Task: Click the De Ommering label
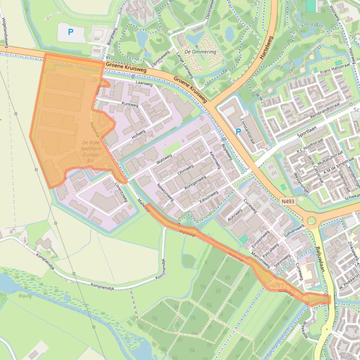[x=201, y=51]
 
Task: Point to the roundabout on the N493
[x=311, y=220]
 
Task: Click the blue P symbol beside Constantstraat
[x=238, y=132]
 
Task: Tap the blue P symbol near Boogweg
[x=71, y=32]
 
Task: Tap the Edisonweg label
[x=209, y=196]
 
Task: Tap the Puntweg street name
[x=130, y=103]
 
